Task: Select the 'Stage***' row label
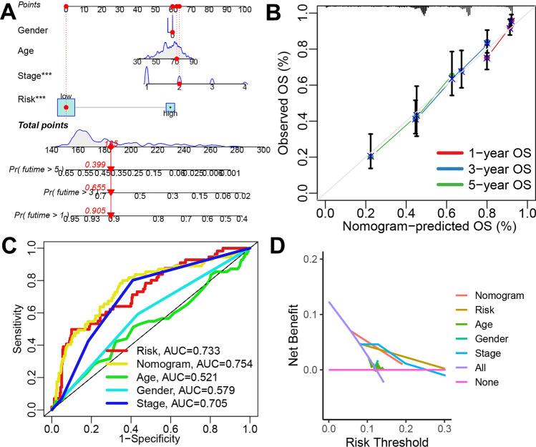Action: [36, 75]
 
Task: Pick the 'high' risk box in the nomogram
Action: [170, 108]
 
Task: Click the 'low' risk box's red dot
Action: [66, 107]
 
